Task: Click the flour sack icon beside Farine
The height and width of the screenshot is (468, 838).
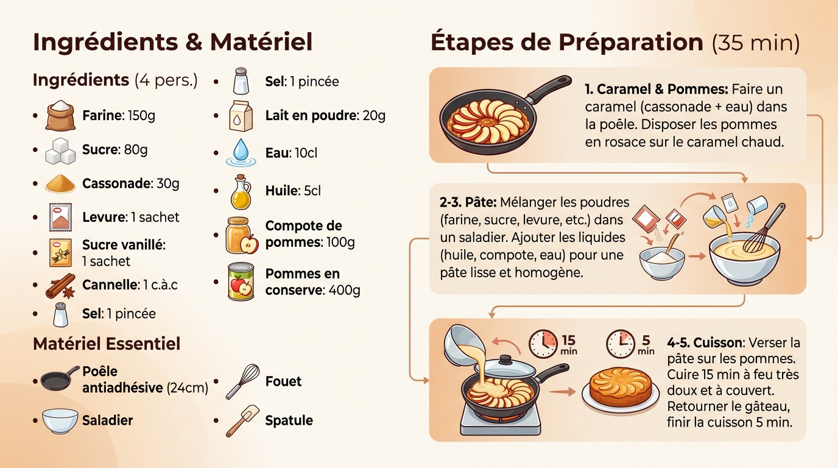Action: [x=60, y=115]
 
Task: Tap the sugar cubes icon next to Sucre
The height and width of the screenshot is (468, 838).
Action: [x=61, y=151]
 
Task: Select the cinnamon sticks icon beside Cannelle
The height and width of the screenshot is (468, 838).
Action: [x=60, y=286]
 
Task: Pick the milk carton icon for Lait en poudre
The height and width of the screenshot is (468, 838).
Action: [x=240, y=116]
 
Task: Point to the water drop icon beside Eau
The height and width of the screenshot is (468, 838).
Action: [x=240, y=153]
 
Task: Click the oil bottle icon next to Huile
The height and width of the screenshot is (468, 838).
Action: [x=240, y=191]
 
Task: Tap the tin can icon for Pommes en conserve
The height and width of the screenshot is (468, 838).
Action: [x=241, y=282]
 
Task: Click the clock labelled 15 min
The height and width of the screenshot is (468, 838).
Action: [x=543, y=344]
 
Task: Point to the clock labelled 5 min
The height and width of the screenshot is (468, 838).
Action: [x=621, y=344]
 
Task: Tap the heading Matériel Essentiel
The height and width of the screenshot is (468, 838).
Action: [x=107, y=344]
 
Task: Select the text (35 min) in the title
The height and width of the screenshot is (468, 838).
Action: [x=755, y=43]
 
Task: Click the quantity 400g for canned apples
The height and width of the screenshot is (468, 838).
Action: [x=344, y=290]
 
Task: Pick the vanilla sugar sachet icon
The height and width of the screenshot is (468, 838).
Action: [x=60, y=252]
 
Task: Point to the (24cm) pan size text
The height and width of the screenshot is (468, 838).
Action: [x=187, y=388]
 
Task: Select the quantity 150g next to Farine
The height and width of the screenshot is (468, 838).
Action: [x=141, y=115]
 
